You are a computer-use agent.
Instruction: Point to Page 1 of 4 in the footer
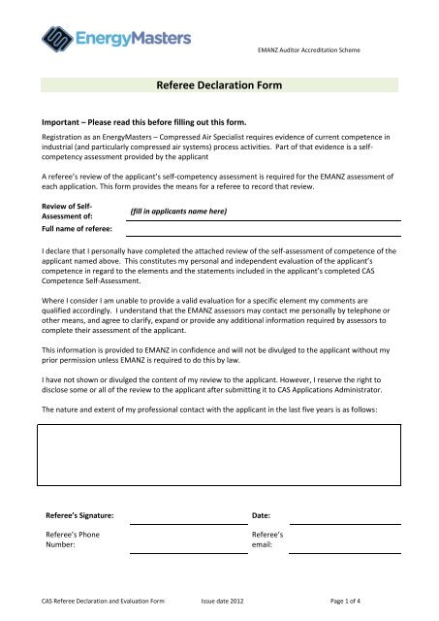382,602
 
